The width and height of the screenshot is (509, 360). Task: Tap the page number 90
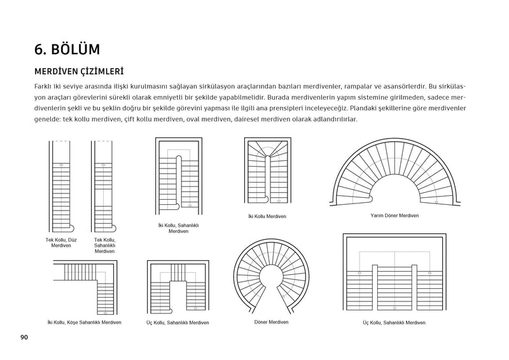(x=24, y=336)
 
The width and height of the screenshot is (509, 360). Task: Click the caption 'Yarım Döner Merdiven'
(x=394, y=216)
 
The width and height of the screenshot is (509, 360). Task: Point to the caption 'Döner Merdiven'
(x=271, y=322)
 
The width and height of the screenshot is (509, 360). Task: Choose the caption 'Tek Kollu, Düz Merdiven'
(x=61, y=243)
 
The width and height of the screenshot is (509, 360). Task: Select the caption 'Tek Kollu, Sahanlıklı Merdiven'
(x=104, y=246)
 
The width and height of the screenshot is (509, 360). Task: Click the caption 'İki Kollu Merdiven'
(x=267, y=217)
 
